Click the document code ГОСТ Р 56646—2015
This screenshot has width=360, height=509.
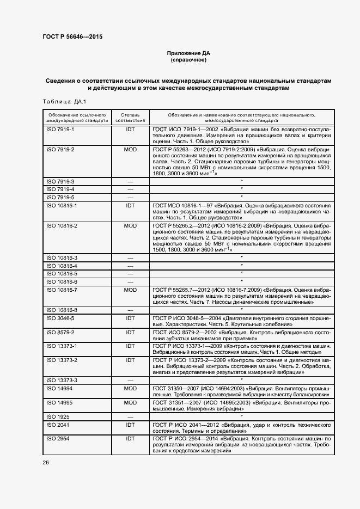(x=72, y=37)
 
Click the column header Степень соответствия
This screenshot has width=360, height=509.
(x=130, y=118)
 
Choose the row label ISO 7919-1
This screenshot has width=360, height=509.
(x=60, y=131)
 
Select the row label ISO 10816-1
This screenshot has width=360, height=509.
(x=62, y=206)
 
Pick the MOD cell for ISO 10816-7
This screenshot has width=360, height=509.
(x=130, y=290)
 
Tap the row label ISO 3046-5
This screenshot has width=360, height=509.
(x=60, y=317)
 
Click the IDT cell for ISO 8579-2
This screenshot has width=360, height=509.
(x=130, y=332)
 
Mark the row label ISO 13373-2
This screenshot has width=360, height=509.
(x=62, y=360)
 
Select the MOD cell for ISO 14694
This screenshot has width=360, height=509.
(x=130, y=389)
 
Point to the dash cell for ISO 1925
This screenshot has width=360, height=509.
(x=130, y=416)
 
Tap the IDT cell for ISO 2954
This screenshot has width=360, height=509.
(x=130, y=438)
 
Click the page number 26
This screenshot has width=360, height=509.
(x=46, y=462)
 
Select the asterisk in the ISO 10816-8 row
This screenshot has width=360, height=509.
(x=241, y=309)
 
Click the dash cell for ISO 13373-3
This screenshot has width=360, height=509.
(x=130, y=381)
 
